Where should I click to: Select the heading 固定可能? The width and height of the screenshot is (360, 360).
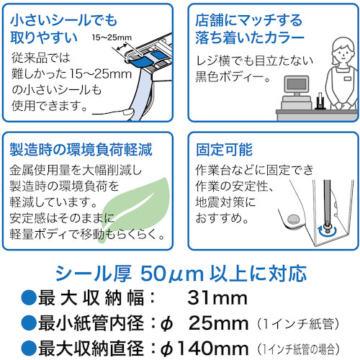point(224,151)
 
